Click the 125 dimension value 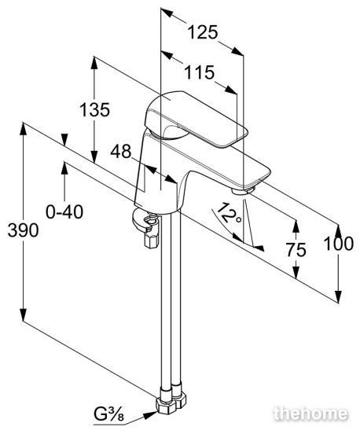203,32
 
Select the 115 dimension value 199,72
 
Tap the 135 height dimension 94,109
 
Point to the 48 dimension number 120,152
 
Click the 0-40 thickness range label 64,212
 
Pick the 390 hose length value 23,230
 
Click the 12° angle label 229,214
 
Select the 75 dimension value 296,250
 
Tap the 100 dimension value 339,244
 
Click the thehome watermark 310,414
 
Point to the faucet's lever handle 193,118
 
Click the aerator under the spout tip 243,191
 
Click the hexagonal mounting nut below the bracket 152,241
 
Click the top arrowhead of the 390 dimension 23,129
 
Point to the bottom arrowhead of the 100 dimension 338,297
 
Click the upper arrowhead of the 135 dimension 94,63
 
